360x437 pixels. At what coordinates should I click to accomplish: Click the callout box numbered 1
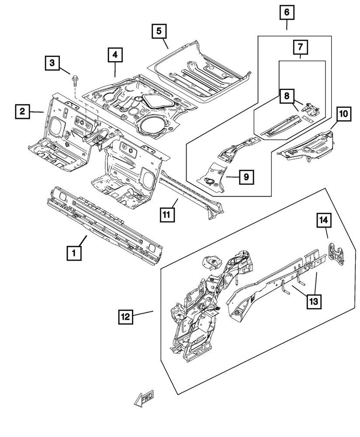coord(74,253)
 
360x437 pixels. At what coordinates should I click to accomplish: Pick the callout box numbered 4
coord(115,55)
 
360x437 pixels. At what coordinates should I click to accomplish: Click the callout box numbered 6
coord(287,13)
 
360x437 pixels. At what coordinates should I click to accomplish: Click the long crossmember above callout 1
coord(105,221)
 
